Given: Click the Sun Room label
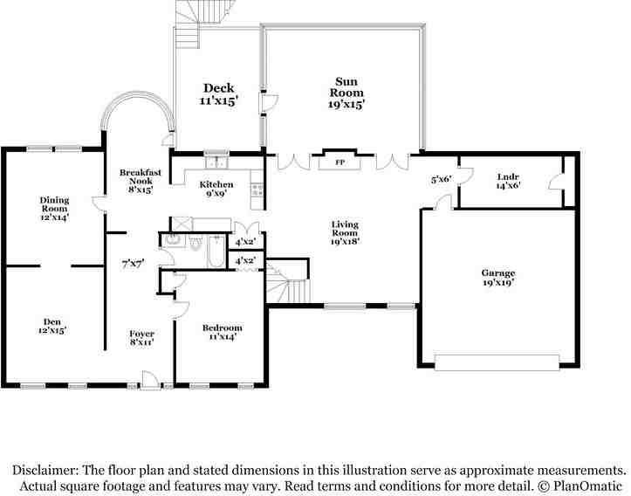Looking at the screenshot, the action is [x=346, y=93].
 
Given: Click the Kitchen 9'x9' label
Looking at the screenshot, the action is [x=216, y=189].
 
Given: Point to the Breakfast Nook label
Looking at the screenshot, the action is [x=141, y=181].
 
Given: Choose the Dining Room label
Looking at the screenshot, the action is [x=54, y=209].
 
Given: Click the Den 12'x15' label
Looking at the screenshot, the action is [x=52, y=326].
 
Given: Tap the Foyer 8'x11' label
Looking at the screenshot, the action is [x=142, y=338].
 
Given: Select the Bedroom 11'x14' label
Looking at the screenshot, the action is [x=223, y=332].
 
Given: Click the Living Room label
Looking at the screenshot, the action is [x=345, y=233].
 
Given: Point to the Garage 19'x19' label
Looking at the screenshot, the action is [x=498, y=278].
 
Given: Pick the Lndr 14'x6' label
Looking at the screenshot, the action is [x=508, y=181].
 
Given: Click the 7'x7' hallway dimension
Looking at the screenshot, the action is [x=134, y=264].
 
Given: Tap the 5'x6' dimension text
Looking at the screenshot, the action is [x=442, y=180].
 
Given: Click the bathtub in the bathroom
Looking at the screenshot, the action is [x=216, y=251].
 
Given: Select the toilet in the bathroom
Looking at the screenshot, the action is [x=195, y=243].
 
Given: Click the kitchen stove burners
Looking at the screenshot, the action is [x=257, y=190].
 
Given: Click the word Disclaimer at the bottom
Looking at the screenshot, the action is [x=45, y=470].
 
